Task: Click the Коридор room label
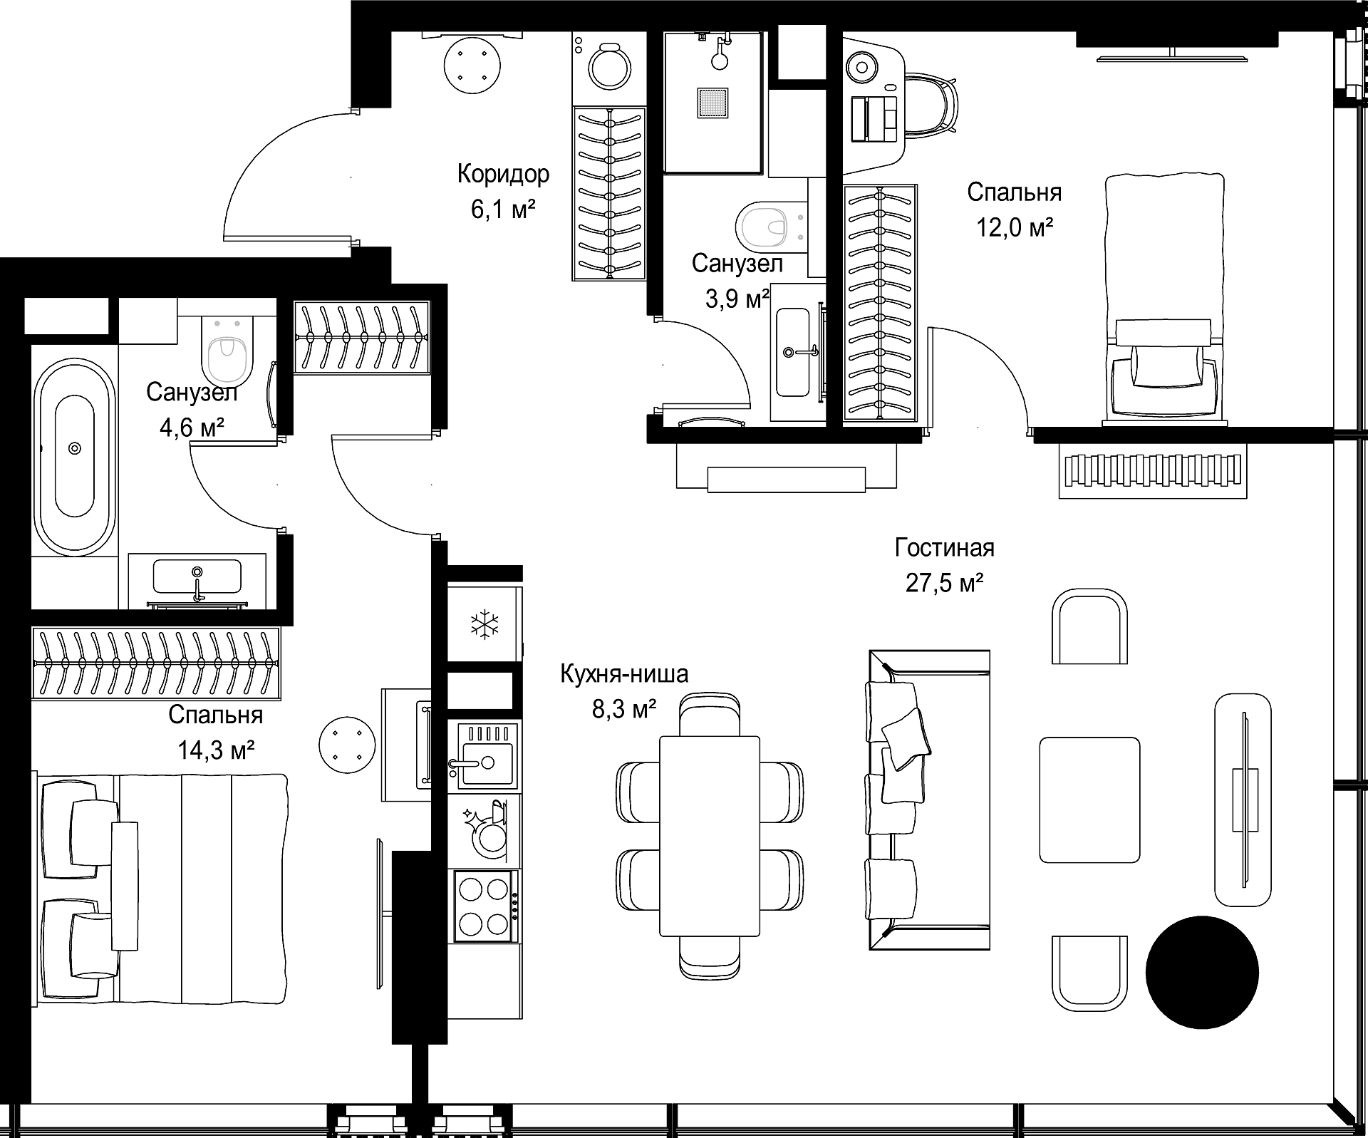coord(503,174)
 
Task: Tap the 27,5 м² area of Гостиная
coord(944,584)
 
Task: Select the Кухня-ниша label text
coord(624,673)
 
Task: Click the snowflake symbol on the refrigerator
coord(484,625)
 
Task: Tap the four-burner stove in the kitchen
coord(484,906)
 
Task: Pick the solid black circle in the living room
coord(1202,972)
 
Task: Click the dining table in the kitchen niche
coord(709,835)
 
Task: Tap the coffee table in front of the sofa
coord(1089,800)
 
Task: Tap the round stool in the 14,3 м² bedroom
coord(347,745)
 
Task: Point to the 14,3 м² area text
coord(216,750)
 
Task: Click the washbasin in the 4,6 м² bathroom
coord(197,576)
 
